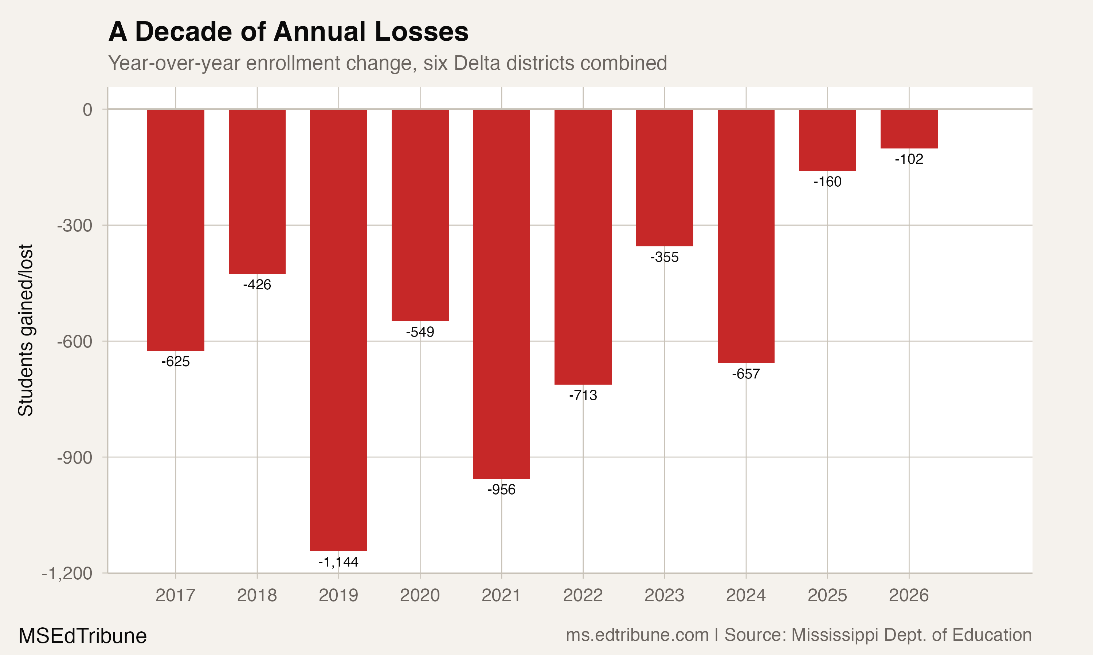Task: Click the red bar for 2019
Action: coord(338,330)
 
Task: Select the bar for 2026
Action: coord(909,129)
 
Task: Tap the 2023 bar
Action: coord(665,178)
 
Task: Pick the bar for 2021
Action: coord(501,294)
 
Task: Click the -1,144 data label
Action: coord(338,562)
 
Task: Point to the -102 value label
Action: coord(909,159)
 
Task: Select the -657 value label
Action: coord(746,374)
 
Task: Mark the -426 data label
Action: coord(257,285)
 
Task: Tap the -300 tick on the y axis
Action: coord(75,226)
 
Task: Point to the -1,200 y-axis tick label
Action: coord(67,573)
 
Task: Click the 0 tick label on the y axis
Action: coord(87,110)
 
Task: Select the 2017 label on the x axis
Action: coord(175,595)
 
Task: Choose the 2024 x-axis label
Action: coord(746,595)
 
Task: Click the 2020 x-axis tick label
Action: coord(420,595)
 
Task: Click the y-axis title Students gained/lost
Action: coord(26,330)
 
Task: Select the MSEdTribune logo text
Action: coord(83,636)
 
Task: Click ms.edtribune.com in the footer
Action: coord(637,635)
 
